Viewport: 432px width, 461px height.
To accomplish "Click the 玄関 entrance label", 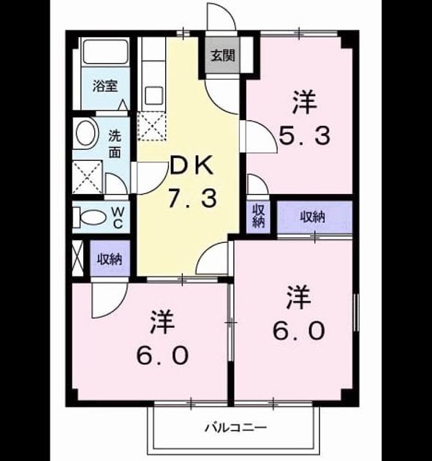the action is coord(223,56).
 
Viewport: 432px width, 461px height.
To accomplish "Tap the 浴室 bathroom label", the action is coord(105,86).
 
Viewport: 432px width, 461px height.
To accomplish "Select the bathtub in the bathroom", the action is coord(105,50).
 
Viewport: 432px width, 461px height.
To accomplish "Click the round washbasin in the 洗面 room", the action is coord(86,133).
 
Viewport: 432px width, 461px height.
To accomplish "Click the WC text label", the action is coord(118,217).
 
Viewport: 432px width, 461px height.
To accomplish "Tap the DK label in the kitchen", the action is coord(192,165).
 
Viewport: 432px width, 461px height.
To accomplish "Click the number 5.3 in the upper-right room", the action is coord(304,135).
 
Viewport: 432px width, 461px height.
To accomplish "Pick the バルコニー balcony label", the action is coord(235,427).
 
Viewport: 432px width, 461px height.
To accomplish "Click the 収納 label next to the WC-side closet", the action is coord(110,259).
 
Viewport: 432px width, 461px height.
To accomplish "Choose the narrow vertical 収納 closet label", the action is coord(258,217).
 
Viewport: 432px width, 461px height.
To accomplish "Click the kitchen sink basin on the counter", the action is coord(154,95).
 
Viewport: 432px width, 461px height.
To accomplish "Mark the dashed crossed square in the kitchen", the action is coord(151,126).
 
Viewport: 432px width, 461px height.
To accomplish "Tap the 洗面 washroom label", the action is coord(115,143).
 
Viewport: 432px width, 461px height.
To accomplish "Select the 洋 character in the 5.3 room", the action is coord(305,102).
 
